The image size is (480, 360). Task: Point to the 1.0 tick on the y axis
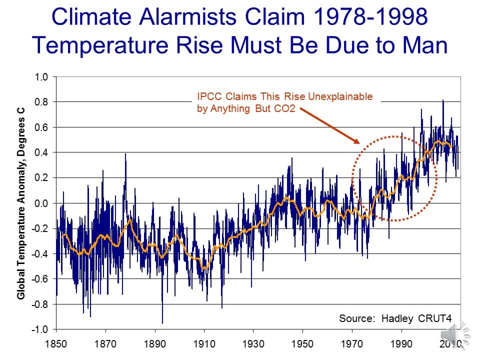(41, 77)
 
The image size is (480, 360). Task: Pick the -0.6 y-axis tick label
(39, 279)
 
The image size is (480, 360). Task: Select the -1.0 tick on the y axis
(39, 329)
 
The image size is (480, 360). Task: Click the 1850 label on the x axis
(56, 344)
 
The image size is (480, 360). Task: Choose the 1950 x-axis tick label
(302, 344)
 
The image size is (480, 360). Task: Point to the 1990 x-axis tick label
(401, 344)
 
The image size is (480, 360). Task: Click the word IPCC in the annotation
(208, 97)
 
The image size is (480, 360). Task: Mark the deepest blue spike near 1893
(162, 322)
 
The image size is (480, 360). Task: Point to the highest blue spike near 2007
(442, 101)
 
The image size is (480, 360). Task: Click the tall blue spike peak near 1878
(125, 154)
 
